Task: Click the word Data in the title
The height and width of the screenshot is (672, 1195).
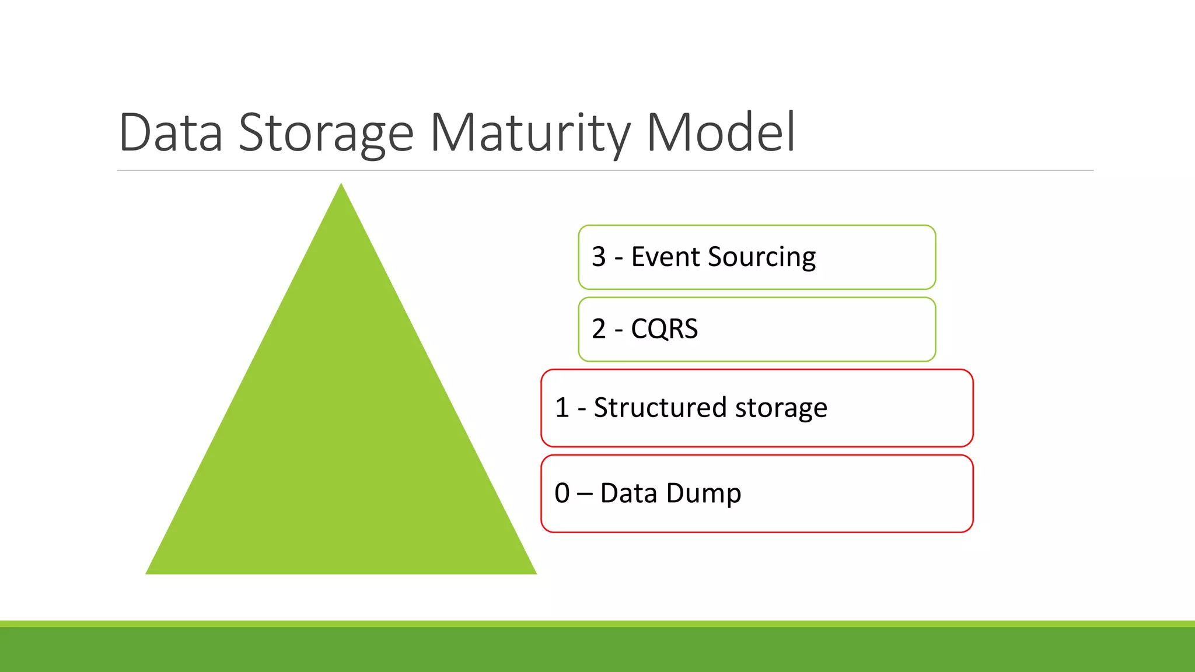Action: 170,133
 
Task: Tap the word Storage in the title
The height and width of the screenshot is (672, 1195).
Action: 326,133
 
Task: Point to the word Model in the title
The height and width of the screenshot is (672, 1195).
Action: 721,133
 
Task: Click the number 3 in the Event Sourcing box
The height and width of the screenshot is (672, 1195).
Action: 599,257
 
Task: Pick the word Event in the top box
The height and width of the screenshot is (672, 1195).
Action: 665,257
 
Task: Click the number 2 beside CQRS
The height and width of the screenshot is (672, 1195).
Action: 599,329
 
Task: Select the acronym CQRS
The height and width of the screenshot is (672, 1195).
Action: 664,329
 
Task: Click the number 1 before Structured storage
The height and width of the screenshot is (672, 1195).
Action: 562,407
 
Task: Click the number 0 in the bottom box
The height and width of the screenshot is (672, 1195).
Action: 562,493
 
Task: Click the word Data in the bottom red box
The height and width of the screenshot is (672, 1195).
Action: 628,493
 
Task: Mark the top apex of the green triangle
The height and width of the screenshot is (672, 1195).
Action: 341,185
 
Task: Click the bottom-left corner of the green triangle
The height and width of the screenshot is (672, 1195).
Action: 148,573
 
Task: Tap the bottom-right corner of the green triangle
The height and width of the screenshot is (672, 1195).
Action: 534,573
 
